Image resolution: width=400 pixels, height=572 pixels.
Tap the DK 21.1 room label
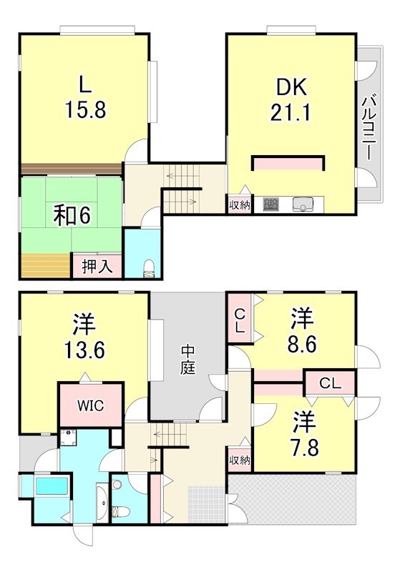pyautogui.click(x=291, y=100)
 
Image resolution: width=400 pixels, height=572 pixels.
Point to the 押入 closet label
pyautogui.click(x=96, y=267)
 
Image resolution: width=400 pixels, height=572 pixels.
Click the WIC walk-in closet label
pyautogui.click(x=90, y=405)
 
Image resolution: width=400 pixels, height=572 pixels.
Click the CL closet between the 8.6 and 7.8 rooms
pyautogui.click(x=330, y=383)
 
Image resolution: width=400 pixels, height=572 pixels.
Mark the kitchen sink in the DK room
pyautogui.click(x=303, y=204)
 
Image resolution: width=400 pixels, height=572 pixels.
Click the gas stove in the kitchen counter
pyautogui.click(x=271, y=204)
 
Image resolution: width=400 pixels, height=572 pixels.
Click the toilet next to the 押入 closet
pyautogui.click(x=148, y=267)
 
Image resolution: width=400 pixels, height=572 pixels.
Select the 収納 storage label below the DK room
pyautogui.click(x=239, y=205)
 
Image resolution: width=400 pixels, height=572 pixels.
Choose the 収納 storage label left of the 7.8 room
pyautogui.click(x=239, y=459)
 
